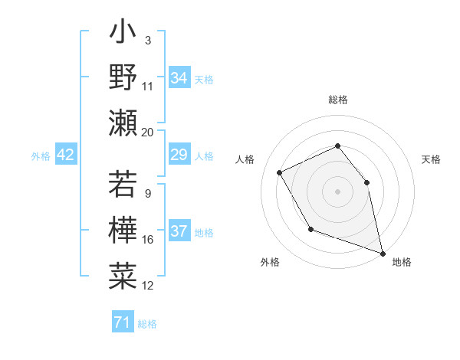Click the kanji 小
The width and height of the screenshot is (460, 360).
(123, 34)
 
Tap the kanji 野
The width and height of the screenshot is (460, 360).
(123, 77)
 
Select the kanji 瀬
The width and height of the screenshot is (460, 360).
(123, 122)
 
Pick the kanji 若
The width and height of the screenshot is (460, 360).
(123, 185)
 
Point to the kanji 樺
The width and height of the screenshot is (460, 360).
(123, 230)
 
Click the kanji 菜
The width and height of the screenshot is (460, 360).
(123, 274)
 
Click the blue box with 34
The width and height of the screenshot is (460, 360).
(179, 78)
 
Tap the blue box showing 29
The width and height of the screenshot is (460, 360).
(179, 155)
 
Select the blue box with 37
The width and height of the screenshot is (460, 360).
(179, 232)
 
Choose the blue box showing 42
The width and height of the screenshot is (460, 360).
(66, 155)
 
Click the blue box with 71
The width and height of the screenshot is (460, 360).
(122, 323)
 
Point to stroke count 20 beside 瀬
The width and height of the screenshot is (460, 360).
(148, 132)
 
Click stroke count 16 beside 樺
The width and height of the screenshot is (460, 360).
(148, 241)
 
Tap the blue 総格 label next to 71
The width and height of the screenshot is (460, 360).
(147, 324)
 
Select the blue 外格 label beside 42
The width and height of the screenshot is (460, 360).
(41, 156)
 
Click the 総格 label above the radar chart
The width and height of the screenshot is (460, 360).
(337, 100)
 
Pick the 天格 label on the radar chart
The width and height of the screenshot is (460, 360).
(431, 159)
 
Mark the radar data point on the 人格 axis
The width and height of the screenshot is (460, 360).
(280, 172)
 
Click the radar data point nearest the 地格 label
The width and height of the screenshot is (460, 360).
(383, 253)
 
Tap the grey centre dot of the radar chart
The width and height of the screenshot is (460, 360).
(337, 191)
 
